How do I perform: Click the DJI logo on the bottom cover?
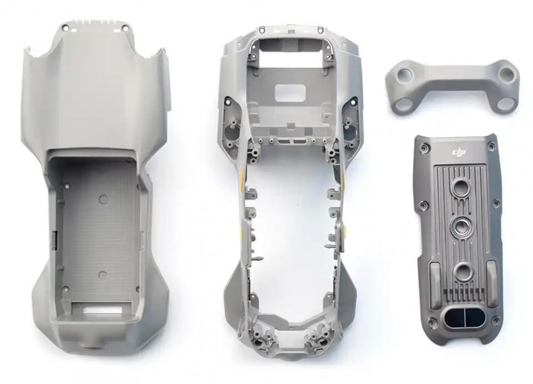point(459,154)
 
